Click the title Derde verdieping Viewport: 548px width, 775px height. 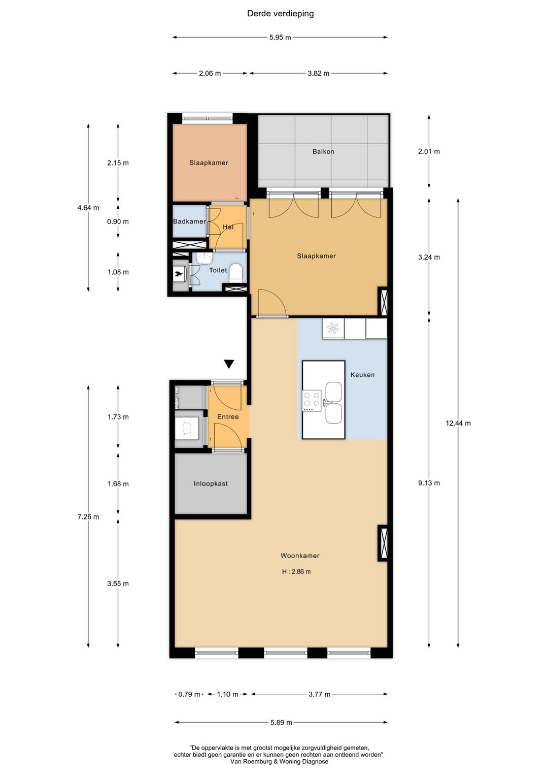click(x=280, y=14)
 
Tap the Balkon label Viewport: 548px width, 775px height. click(x=323, y=151)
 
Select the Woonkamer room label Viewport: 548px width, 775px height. click(x=300, y=556)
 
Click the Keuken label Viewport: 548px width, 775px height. click(x=362, y=375)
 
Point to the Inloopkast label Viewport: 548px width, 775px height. click(x=211, y=483)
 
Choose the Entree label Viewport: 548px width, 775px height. click(x=228, y=417)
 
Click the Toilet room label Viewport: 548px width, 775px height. click(x=218, y=270)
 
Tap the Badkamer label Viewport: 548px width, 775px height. click(x=189, y=221)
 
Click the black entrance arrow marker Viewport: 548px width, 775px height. click(x=229, y=364)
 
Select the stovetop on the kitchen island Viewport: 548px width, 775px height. click(x=312, y=401)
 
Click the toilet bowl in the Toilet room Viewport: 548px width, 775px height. click(x=236, y=272)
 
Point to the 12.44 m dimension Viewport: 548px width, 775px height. click(x=458, y=423)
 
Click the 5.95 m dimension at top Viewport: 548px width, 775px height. click(x=280, y=38)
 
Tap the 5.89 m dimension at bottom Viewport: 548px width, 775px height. click(x=281, y=722)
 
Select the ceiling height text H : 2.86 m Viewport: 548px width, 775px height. click(x=296, y=572)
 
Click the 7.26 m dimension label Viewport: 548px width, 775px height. click(x=88, y=516)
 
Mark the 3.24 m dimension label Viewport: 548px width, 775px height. click(x=429, y=257)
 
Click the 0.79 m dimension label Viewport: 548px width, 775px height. click(x=189, y=694)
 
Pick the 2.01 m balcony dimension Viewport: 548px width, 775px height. click(x=429, y=151)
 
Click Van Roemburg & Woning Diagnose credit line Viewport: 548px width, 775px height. click(x=279, y=762)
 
